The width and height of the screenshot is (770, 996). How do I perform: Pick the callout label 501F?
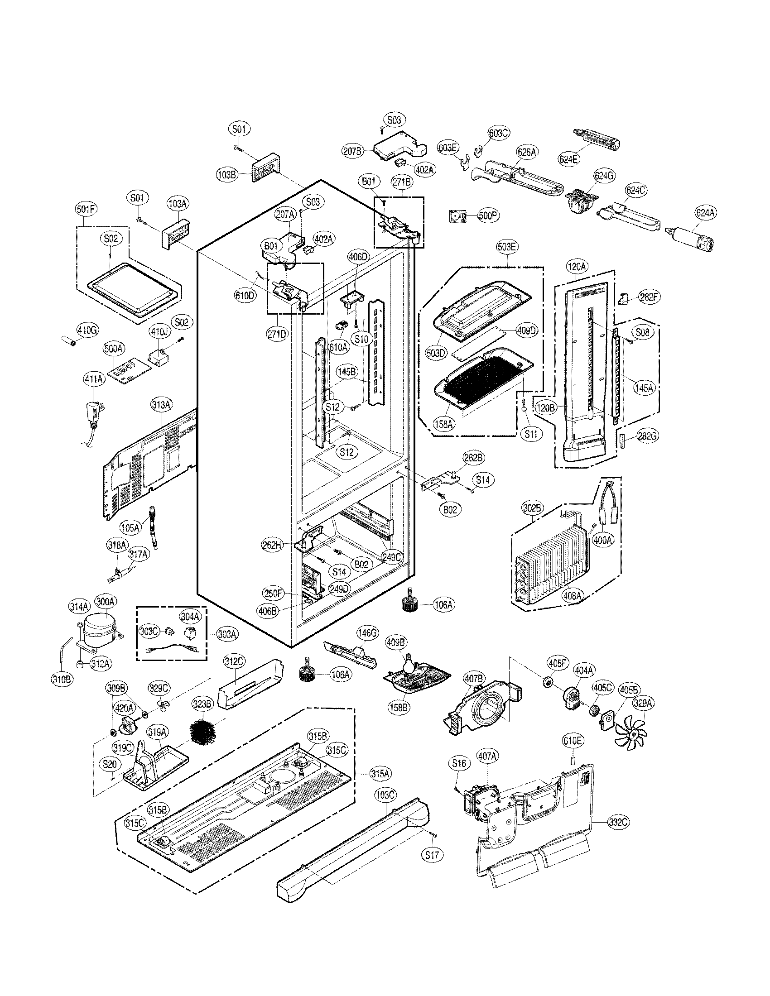[86, 209]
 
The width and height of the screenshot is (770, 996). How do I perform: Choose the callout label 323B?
[202, 704]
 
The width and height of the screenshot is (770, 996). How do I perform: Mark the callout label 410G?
[87, 330]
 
